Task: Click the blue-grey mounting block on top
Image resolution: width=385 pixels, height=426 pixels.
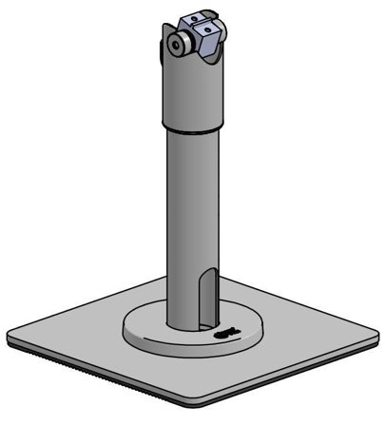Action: click(x=201, y=32)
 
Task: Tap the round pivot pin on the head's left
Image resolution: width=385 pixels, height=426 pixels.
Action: click(x=176, y=44)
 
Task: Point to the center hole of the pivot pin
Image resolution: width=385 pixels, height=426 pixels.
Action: click(x=176, y=44)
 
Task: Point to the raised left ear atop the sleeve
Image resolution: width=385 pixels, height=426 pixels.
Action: click(x=168, y=36)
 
